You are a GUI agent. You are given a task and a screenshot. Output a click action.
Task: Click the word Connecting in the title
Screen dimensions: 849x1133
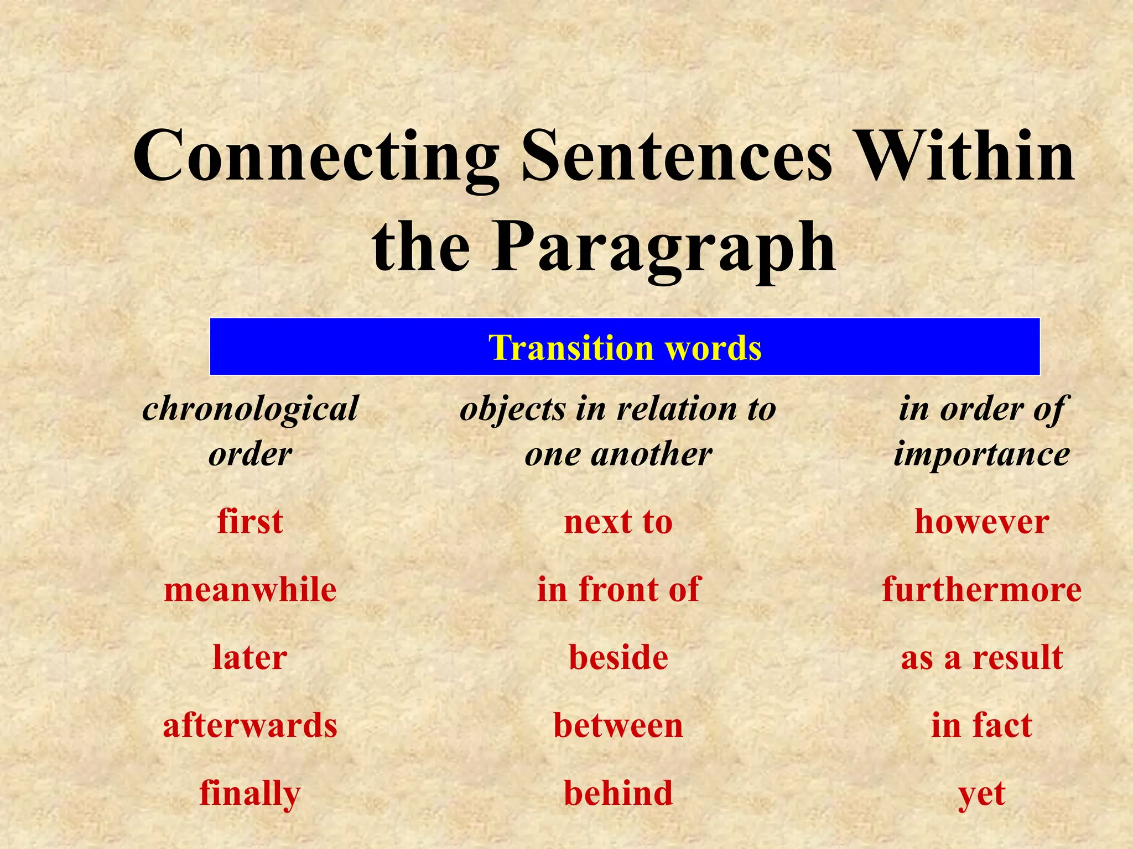[315, 158]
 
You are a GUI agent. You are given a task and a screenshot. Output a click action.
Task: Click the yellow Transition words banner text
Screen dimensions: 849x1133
[625, 348]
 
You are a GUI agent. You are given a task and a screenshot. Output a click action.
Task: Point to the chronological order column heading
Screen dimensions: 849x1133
[250, 432]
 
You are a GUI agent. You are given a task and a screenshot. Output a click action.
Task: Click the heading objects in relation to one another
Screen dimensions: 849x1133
[618, 432]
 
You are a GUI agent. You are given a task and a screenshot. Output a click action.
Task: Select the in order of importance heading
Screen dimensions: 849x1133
[981, 432]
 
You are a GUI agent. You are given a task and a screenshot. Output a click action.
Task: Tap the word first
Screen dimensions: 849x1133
[250, 521]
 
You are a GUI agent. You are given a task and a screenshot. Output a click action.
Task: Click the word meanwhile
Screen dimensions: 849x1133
[250, 589]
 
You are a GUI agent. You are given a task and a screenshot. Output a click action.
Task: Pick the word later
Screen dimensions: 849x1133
[250, 657]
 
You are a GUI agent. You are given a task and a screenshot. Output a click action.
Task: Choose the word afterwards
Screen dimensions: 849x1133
[250, 725]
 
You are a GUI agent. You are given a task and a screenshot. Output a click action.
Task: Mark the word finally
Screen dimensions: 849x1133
[250, 794]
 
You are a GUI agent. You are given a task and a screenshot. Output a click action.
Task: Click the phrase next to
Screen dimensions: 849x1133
[618, 521]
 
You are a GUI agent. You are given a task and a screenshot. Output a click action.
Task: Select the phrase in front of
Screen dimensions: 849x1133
[618, 589]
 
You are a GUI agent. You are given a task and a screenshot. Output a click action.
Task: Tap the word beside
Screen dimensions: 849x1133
[618, 657]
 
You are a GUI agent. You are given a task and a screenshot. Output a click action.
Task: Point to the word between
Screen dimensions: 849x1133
[618, 725]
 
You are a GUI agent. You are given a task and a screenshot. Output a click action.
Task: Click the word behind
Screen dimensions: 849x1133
[618, 794]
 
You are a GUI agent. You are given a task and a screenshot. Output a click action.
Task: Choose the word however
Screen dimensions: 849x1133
[981, 521]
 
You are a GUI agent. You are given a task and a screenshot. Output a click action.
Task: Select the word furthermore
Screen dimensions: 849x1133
[981, 589]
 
